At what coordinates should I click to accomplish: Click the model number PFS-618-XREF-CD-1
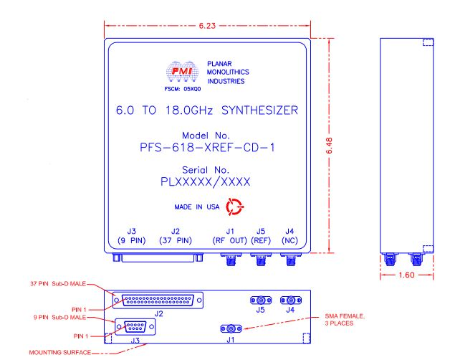pyautogui.click(x=208, y=148)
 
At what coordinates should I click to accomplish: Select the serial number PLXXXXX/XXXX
pyautogui.click(x=207, y=183)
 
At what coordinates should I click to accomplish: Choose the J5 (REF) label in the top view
pyautogui.click(x=260, y=236)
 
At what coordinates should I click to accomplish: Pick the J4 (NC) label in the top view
pyautogui.click(x=289, y=236)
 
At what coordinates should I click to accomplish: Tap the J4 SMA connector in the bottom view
pyautogui.click(x=289, y=302)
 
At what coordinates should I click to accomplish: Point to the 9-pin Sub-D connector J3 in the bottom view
pyautogui.click(x=134, y=327)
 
